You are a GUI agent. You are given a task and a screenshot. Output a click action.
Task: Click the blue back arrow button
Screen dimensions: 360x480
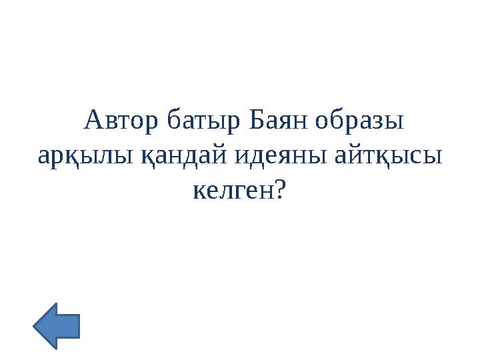click(56, 325)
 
